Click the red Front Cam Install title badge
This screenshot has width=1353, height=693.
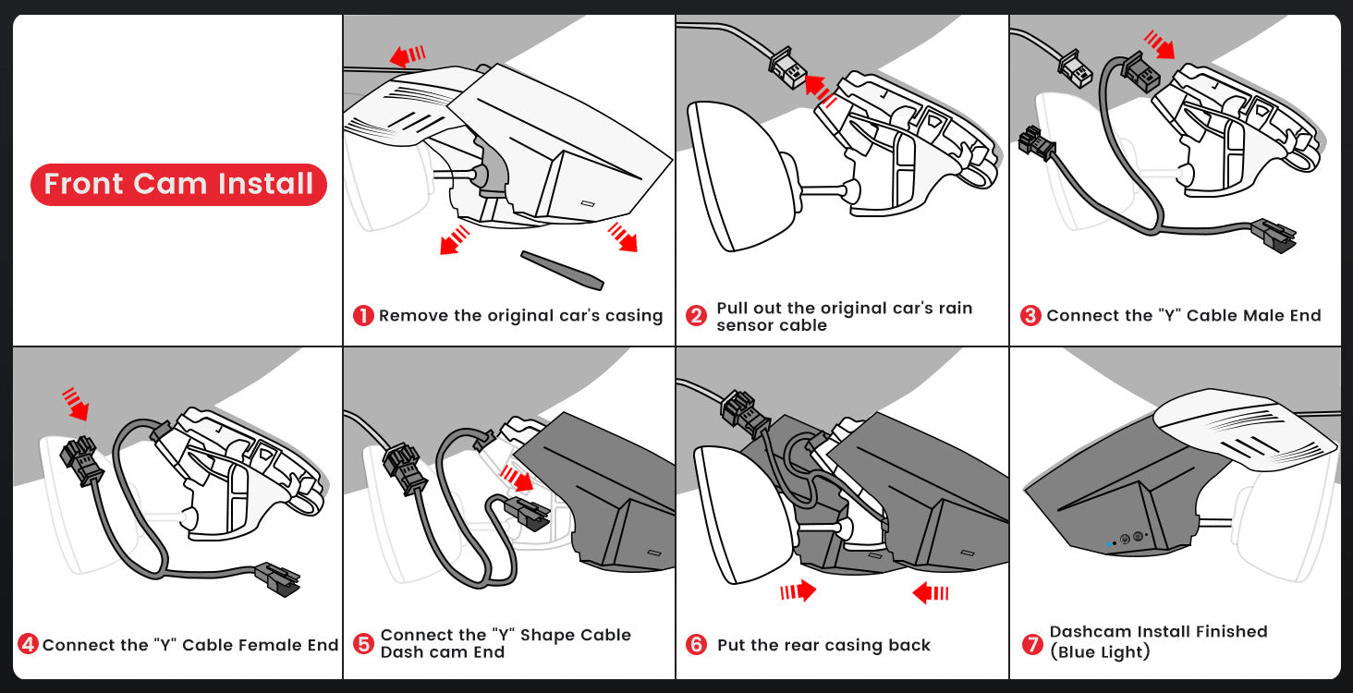[x=178, y=184]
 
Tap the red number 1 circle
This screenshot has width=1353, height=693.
[x=363, y=316]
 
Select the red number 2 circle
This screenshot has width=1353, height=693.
[x=696, y=316]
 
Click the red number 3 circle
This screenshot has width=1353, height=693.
[x=1030, y=316]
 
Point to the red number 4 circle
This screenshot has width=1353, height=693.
[x=28, y=644]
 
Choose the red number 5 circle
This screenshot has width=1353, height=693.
[x=363, y=643]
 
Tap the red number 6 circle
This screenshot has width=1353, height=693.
[x=696, y=644]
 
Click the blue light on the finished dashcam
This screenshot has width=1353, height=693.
[x=1108, y=544]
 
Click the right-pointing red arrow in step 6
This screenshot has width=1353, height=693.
[x=798, y=590]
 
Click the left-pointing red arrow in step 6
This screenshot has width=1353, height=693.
[x=931, y=592]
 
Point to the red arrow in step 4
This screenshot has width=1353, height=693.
[x=74, y=403]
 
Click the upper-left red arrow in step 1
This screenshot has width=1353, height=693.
[x=407, y=56]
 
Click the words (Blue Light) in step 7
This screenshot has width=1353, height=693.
[x=1100, y=652]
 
